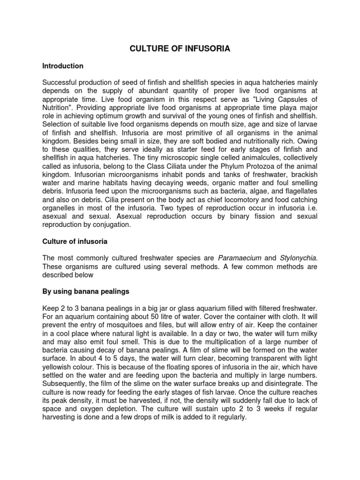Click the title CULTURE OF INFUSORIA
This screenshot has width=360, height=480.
click(180, 49)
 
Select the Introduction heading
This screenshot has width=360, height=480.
click(63, 66)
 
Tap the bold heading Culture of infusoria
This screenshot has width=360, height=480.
click(75, 241)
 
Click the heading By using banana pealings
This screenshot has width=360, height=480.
click(86, 292)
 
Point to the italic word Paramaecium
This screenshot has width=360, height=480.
click(240, 258)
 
